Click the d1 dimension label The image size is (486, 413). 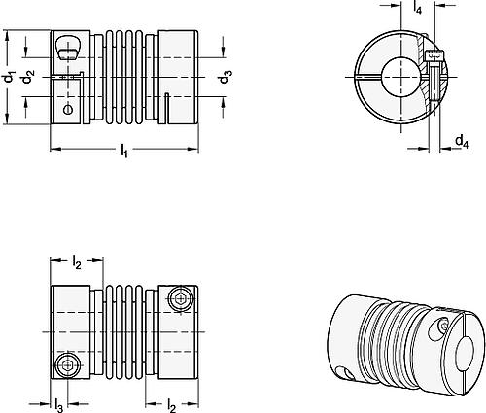click(x=9, y=80)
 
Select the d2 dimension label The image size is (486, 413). click(x=31, y=80)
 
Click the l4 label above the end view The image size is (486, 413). click(x=416, y=8)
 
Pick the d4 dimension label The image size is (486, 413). click(x=460, y=142)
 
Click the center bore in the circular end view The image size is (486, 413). click(x=398, y=76)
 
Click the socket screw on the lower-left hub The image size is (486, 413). click(x=65, y=366)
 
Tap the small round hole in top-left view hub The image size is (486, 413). click(x=67, y=111)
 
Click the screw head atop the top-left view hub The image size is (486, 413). click(x=65, y=45)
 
